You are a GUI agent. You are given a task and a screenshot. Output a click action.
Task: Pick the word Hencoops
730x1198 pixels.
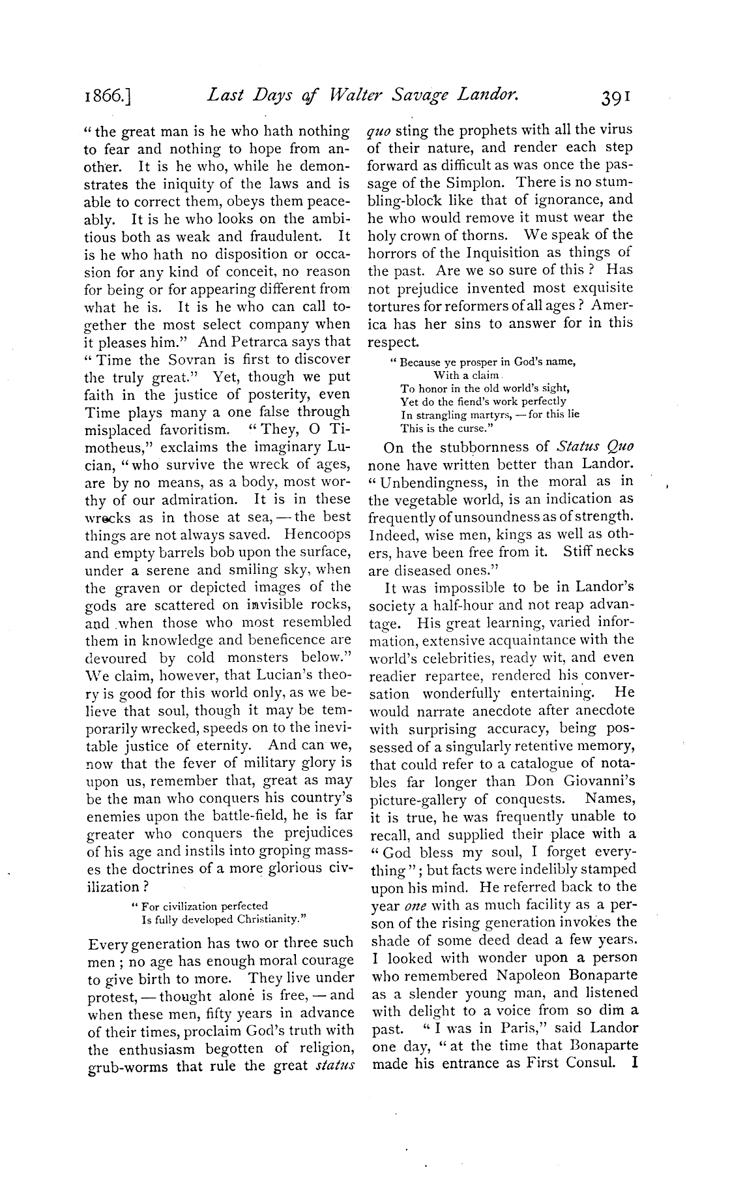[317, 535]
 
